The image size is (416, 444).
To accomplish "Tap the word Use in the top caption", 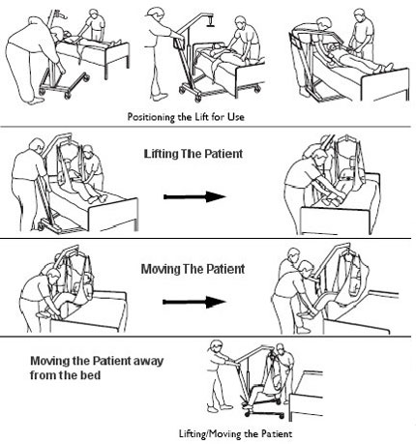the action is (236, 116).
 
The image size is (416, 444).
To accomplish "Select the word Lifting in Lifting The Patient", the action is (161, 154).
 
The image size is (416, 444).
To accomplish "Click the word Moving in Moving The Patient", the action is (161, 269).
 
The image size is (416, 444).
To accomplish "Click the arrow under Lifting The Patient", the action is (194, 196).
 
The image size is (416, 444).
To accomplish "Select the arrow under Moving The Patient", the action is (193, 302).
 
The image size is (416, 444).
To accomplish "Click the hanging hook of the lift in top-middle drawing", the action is (211, 20).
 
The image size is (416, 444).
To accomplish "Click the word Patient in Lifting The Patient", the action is (224, 154).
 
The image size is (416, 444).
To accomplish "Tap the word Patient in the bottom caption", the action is (277, 433).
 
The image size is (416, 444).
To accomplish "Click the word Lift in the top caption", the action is (201, 116).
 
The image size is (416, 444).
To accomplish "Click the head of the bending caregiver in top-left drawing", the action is (58, 34).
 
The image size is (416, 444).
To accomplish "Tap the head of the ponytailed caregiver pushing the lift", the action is (216, 347).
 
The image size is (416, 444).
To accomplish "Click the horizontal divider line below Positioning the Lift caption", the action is (205, 127).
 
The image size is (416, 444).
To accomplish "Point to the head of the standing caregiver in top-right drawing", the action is (360, 15).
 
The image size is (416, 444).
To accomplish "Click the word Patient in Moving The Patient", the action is (225, 269).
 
